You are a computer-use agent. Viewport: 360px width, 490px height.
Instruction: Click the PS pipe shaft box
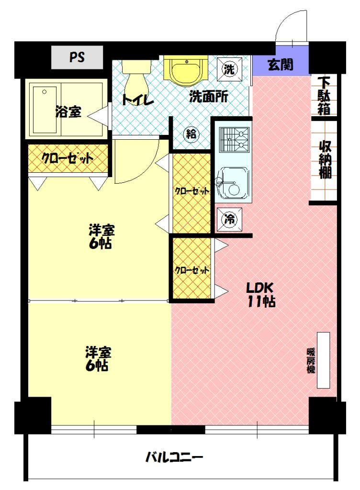coord(77,57)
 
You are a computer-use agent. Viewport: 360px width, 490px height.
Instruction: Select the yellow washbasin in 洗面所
coord(186,70)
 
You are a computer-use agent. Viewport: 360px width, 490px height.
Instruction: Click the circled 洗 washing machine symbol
coord(230,69)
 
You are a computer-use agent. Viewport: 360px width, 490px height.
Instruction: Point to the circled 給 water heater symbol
coord(191,134)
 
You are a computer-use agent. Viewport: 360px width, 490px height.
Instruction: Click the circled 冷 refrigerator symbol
coord(230,219)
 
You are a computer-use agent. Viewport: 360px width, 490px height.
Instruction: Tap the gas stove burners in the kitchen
coord(235,140)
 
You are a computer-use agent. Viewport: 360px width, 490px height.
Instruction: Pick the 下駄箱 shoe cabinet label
coord(324,96)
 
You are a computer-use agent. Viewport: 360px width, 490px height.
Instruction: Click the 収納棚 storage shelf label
coord(326,159)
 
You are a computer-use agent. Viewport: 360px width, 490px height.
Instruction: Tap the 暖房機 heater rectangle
coord(324,360)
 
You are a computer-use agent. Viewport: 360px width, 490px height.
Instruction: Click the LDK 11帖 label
coord(261,294)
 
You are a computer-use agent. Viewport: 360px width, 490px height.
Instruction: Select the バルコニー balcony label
coord(174,457)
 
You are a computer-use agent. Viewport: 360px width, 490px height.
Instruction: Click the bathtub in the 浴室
coord(45,111)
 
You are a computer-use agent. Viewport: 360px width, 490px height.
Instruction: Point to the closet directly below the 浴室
coord(67,158)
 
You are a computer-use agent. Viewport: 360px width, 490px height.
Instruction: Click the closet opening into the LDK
coord(191,268)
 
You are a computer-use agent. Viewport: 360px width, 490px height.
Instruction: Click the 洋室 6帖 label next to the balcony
coord(98,358)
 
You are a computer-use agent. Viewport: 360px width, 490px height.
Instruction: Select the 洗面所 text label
coord(208,97)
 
